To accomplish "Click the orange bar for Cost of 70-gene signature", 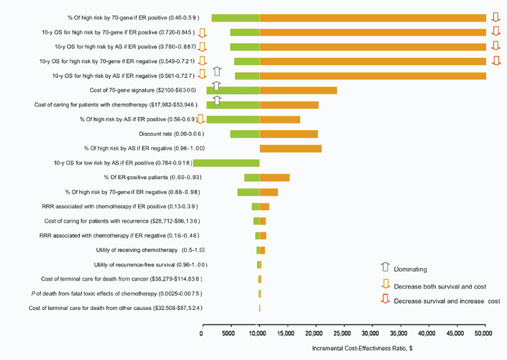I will (x=298, y=90).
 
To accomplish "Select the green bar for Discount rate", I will (x=245, y=134).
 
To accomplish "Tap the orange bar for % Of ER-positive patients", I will (x=274, y=177).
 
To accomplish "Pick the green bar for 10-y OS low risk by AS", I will (x=226, y=162).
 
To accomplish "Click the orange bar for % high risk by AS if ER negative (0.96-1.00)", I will (x=290, y=148).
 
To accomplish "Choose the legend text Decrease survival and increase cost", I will (x=447, y=301).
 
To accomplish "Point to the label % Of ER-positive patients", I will (x=151, y=177).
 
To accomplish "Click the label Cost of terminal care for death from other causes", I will (x=115, y=308).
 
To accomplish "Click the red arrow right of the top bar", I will (x=495, y=17).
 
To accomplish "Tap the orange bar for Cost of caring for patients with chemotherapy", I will (x=289, y=105).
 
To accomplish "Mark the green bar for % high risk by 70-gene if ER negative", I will (x=248, y=192).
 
